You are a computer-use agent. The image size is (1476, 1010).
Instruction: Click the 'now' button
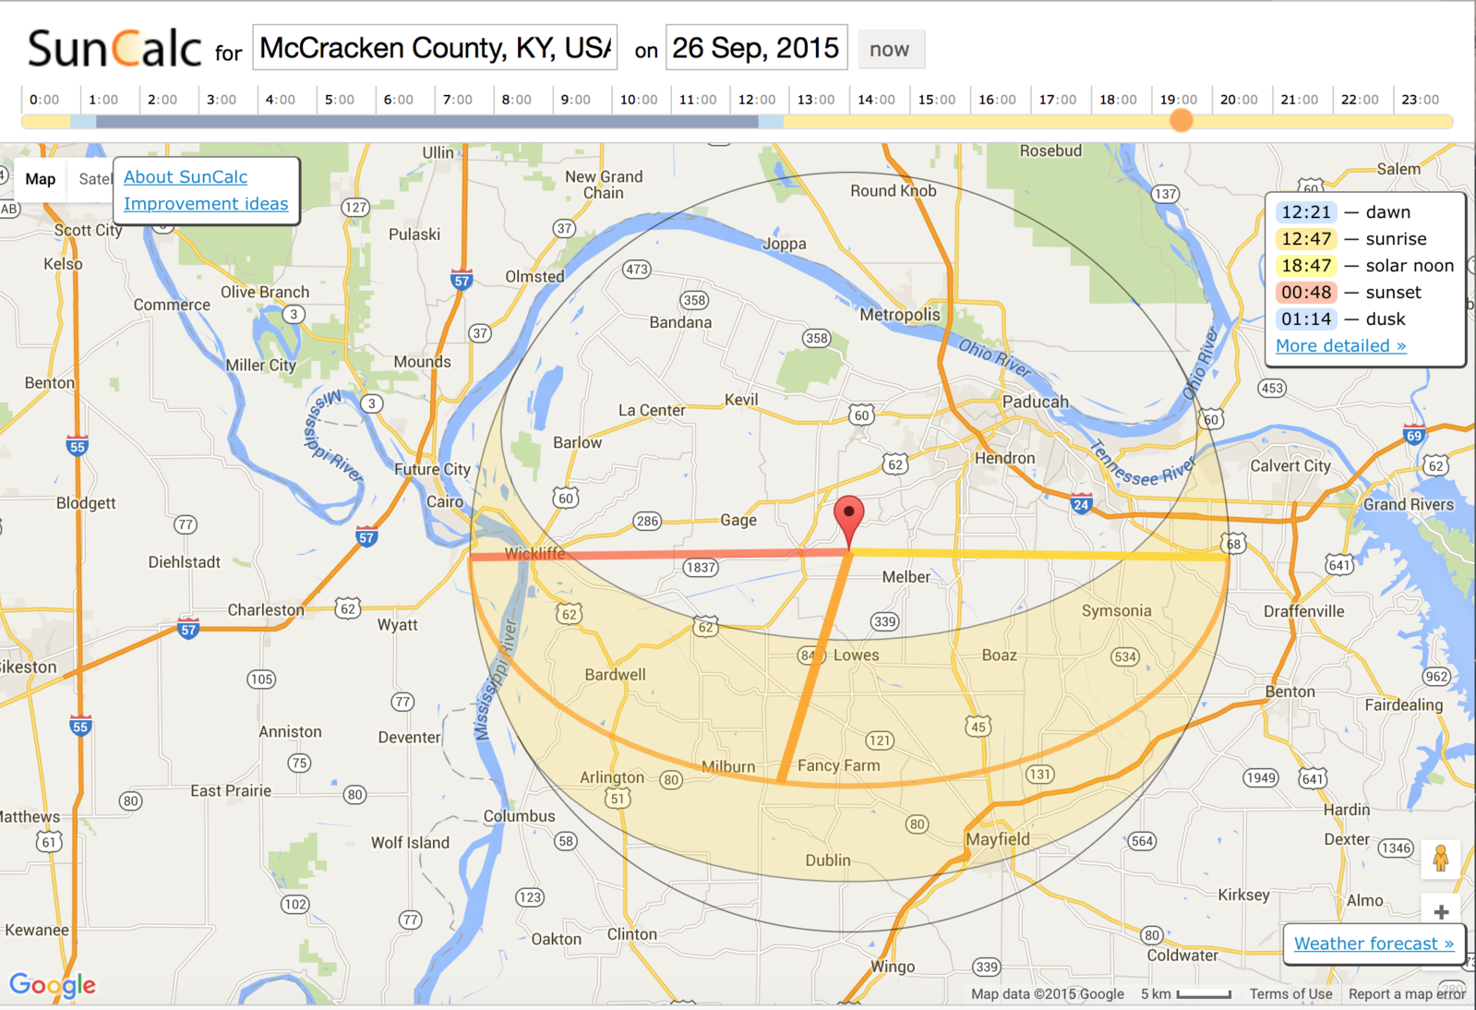coord(890,50)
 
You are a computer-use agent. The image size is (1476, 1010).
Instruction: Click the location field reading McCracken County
coord(435,48)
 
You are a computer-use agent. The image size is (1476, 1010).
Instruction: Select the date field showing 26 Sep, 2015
coord(756,48)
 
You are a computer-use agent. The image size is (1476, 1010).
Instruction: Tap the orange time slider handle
coord(1181,120)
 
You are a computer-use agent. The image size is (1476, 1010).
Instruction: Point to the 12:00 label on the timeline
coord(756,100)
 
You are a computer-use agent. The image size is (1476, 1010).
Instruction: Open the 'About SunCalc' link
coord(186,177)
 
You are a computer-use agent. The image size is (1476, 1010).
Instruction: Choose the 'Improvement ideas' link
coord(206,204)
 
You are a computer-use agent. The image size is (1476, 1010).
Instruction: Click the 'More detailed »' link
coord(1340,346)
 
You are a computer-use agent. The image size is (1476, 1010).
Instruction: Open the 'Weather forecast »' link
coord(1374,944)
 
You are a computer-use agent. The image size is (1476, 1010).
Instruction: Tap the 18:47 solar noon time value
coord(1306,266)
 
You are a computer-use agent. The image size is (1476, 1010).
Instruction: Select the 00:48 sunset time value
coord(1306,293)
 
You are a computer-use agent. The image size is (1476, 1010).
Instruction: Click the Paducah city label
coord(1035,402)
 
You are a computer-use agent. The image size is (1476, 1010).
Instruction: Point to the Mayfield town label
coord(998,839)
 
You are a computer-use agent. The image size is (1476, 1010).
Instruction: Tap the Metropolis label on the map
coord(900,315)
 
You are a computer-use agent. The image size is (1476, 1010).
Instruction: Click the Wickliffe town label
coord(534,553)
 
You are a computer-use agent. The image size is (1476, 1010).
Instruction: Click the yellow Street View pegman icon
coord(1441,860)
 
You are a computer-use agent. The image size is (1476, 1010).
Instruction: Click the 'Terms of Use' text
coord(1290,994)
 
